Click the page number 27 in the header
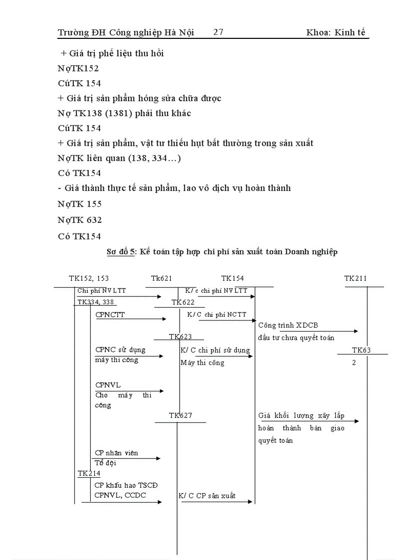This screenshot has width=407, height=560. pyautogui.click(x=218, y=32)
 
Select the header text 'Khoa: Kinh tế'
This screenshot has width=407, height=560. pyautogui.click(x=336, y=32)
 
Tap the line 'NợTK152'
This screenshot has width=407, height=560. pyautogui.click(x=78, y=68)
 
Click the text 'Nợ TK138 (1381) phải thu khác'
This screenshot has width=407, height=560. pyautogui.click(x=124, y=113)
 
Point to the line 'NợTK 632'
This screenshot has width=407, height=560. pyautogui.click(x=80, y=219)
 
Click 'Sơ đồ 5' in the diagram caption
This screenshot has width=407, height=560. pyautogui.click(x=121, y=252)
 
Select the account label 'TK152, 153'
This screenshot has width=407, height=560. pyautogui.click(x=89, y=278)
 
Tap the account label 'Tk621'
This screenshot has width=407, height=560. pyautogui.click(x=162, y=278)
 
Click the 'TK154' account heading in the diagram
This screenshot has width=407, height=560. pyautogui.click(x=232, y=278)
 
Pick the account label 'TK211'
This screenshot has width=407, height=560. pyautogui.click(x=355, y=278)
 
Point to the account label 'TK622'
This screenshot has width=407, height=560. pyautogui.click(x=183, y=302)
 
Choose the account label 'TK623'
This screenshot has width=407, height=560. pyautogui.click(x=180, y=337)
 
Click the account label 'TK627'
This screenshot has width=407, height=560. pyautogui.click(x=180, y=415)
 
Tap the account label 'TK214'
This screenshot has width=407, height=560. pyautogui.click(x=89, y=473)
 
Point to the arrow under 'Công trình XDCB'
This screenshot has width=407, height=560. pyautogui.click(x=308, y=331)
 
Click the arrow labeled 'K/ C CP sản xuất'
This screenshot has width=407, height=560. pyautogui.click(x=217, y=502)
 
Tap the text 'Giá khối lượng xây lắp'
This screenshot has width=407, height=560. pyautogui.click(x=301, y=415)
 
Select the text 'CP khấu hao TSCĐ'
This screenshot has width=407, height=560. pyautogui.click(x=127, y=485)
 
